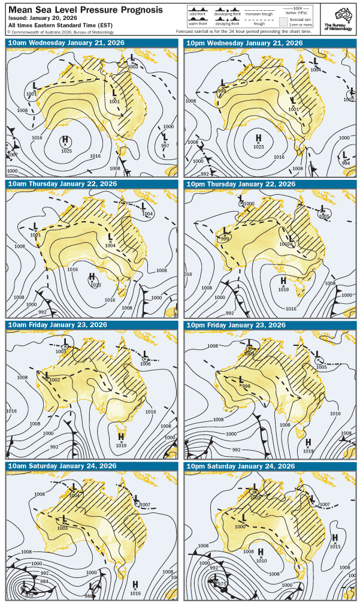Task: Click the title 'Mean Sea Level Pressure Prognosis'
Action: click(84, 10)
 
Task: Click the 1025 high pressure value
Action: click(66, 150)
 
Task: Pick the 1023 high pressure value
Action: click(259, 147)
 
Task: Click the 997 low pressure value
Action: click(165, 146)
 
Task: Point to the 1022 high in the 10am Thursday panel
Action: click(95, 285)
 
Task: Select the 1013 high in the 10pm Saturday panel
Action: click(335, 546)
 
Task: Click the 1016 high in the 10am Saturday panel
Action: click(136, 592)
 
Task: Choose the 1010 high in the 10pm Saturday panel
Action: click(261, 560)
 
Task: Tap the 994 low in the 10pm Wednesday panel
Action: click(346, 163)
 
